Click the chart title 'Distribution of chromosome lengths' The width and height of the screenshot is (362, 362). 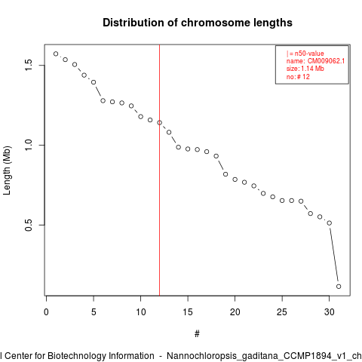pyautogui.click(x=198, y=23)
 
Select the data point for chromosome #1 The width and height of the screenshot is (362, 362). pyautogui.click(x=56, y=54)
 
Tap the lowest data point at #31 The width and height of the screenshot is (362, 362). pyautogui.click(x=339, y=287)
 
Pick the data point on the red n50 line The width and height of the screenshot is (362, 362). pyautogui.click(x=159, y=123)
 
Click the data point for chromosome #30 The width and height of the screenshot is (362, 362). pyautogui.click(x=330, y=223)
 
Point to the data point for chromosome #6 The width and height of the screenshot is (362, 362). pyautogui.click(x=103, y=100)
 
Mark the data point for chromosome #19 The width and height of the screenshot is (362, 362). pyautogui.click(x=225, y=174)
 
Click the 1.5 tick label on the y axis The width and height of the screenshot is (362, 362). pyautogui.click(x=29, y=65)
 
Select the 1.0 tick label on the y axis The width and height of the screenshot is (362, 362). pyautogui.click(x=29, y=145)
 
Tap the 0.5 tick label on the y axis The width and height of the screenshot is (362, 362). pyautogui.click(x=29, y=225)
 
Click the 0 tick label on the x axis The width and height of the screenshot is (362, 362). pyautogui.click(x=46, y=312)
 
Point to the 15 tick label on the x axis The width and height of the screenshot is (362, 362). pyautogui.click(x=188, y=312)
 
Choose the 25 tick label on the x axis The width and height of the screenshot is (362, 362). pyautogui.click(x=282, y=312)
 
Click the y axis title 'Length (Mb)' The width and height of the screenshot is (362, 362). pyautogui.click(x=7, y=170)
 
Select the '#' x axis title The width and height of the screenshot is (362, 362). pyautogui.click(x=197, y=334)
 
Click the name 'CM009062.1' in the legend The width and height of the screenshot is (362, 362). pyautogui.click(x=326, y=61)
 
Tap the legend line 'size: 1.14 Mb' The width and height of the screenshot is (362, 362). pyautogui.click(x=305, y=69)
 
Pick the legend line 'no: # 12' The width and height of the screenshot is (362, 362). pyautogui.click(x=298, y=77)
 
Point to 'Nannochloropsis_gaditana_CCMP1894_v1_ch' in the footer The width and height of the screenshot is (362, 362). pyautogui.click(x=264, y=356)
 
